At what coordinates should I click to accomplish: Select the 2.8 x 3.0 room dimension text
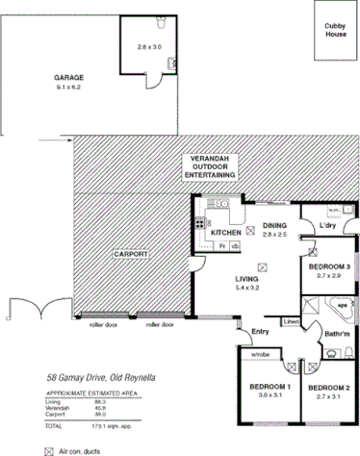coord(149,47)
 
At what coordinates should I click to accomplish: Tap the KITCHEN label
coord(225,233)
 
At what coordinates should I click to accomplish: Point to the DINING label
coord(275,226)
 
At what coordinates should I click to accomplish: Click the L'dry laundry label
coord(329,226)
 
